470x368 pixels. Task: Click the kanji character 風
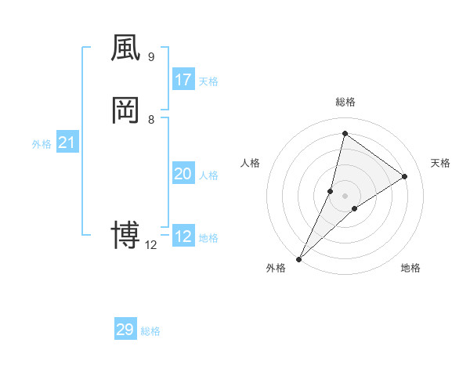(x=126, y=49)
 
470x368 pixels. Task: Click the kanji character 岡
(x=126, y=111)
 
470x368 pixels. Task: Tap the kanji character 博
(x=126, y=234)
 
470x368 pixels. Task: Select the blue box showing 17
(x=183, y=80)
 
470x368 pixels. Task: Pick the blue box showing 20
(x=183, y=174)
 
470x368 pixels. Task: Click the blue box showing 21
(x=67, y=143)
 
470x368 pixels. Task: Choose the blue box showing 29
(x=125, y=330)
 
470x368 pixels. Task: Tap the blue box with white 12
(x=183, y=236)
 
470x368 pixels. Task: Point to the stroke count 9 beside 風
(x=151, y=57)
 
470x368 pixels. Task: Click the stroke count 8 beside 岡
(x=151, y=119)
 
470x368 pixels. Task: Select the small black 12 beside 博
(x=151, y=244)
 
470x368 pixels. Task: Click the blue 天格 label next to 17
(x=208, y=81)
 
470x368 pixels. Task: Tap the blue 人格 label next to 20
(x=208, y=175)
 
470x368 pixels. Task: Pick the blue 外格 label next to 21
(x=42, y=144)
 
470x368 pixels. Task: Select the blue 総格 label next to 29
(x=150, y=331)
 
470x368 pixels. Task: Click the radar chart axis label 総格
(x=345, y=102)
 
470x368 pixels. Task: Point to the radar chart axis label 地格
(x=410, y=268)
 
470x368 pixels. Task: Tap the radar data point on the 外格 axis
(x=299, y=258)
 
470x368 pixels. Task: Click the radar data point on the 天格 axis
(x=405, y=177)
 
